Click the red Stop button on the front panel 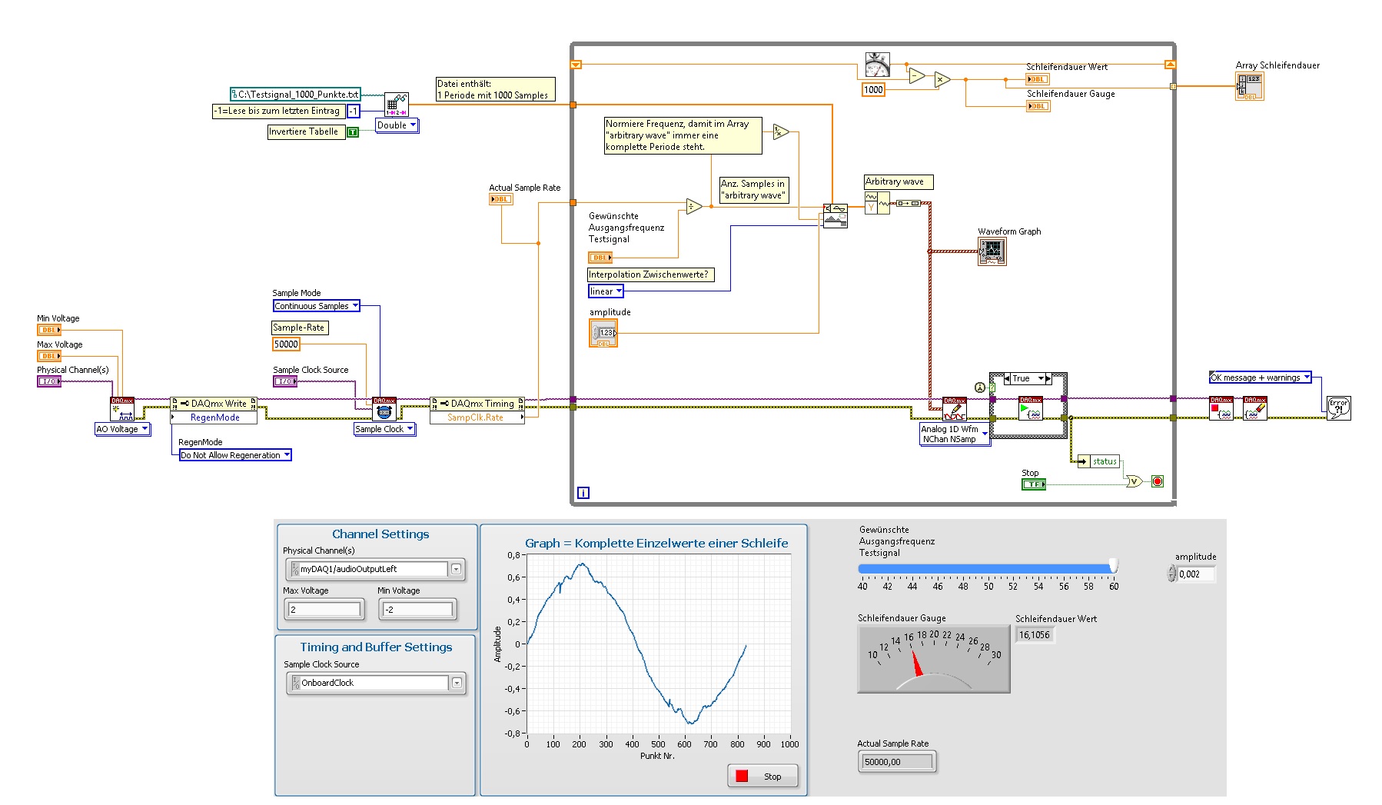pyautogui.click(x=762, y=776)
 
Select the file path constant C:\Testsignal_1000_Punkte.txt pyautogui.click(x=296, y=95)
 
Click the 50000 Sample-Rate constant pyautogui.click(x=286, y=344)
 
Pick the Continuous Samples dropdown pyautogui.click(x=316, y=306)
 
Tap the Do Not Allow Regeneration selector pyautogui.click(x=234, y=455)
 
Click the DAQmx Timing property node pyautogui.click(x=477, y=404)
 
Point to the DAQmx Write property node pyautogui.click(x=214, y=404)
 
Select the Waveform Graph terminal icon pyautogui.click(x=992, y=251)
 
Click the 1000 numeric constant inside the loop pyautogui.click(x=873, y=90)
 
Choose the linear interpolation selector pyautogui.click(x=606, y=291)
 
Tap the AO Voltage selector pyautogui.click(x=121, y=429)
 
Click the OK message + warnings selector pyautogui.click(x=1260, y=378)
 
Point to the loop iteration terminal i pyautogui.click(x=583, y=493)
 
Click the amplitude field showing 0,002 pyautogui.click(x=1195, y=574)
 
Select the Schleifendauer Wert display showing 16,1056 pyautogui.click(x=1035, y=635)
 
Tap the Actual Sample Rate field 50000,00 pyautogui.click(x=896, y=762)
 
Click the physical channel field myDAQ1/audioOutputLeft pyautogui.click(x=369, y=569)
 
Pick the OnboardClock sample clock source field pyautogui.click(x=369, y=683)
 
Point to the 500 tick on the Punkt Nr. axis pyautogui.click(x=658, y=743)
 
